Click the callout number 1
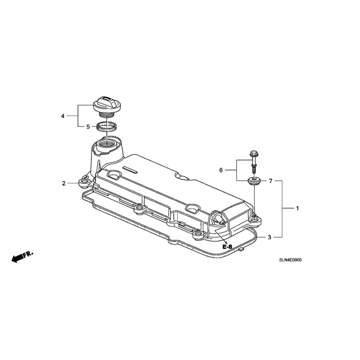pos(298,209)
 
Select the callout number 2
pos(64,183)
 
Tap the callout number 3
pos(269,237)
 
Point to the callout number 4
pos(62,116)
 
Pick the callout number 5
pos(88,127)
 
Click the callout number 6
pos(221,170)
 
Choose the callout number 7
pos(271,181)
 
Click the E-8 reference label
pos(227,247)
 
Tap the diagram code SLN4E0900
pos(290,260)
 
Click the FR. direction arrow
pos(22,256)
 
